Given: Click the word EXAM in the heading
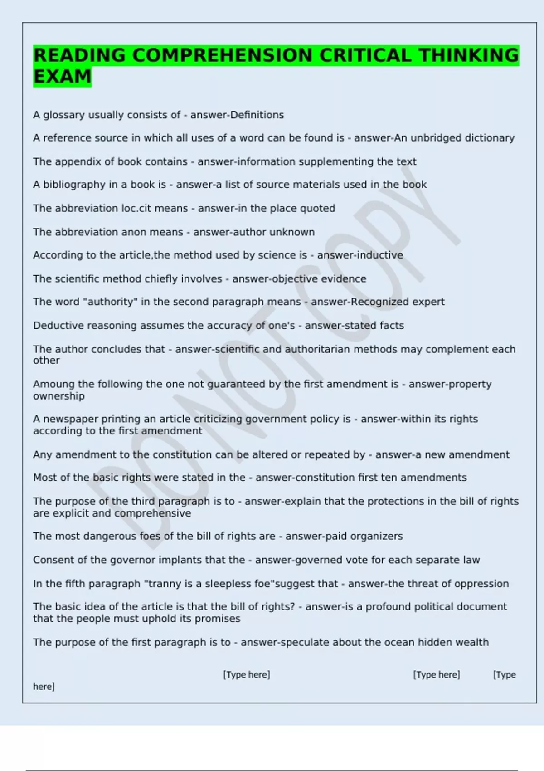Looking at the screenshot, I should pyautogui.click(x=62, y=76).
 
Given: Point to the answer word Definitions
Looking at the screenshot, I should pyautogui.click(x=257, y=115).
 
